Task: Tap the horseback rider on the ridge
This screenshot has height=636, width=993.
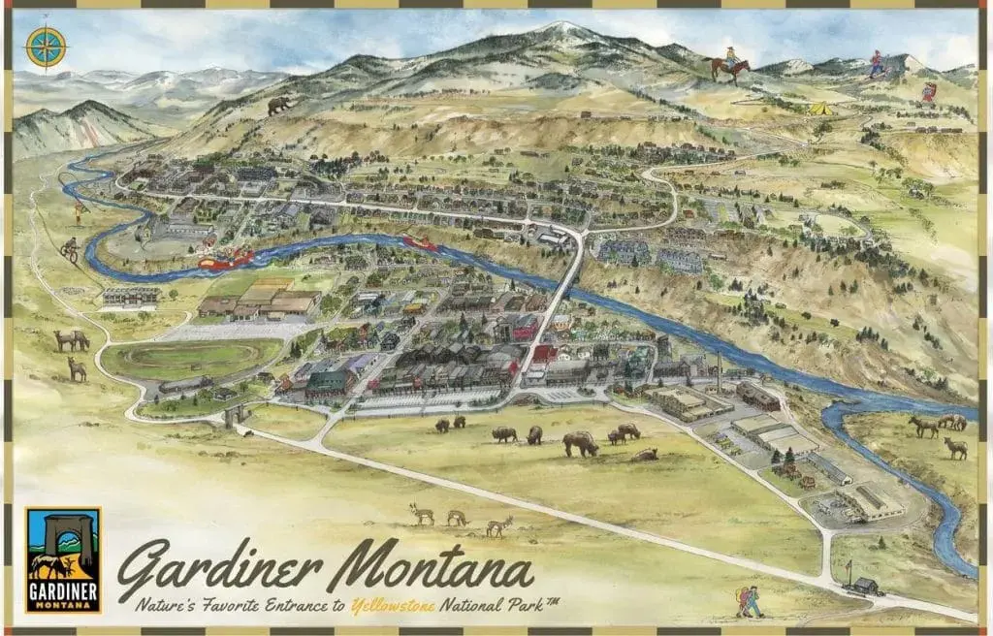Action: click(x=728, y=66)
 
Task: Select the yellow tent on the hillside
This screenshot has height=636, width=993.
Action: click(x=821, y=109)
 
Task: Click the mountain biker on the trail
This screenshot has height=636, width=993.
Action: click(x=71, y=248)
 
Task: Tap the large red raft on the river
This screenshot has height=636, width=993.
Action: click(x=226, y=258)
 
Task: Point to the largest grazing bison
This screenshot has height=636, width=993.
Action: click(x=581, y=443)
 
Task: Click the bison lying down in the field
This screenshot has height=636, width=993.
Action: click(x=644, y=455)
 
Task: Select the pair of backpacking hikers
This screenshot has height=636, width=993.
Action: click(x=750, y=602)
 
